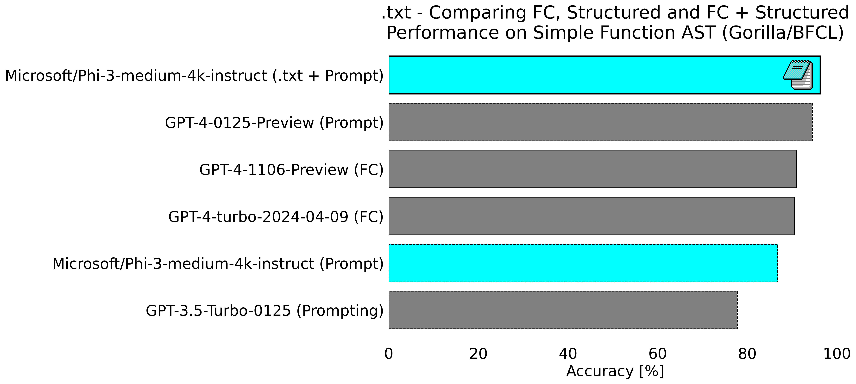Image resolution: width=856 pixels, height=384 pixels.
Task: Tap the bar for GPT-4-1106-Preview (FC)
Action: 592,169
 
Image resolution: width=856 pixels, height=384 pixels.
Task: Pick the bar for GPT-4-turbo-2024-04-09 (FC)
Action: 592,216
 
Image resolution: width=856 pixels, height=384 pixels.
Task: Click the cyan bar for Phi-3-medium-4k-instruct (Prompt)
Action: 583,263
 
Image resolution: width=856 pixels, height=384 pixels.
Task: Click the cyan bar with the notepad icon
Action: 585,75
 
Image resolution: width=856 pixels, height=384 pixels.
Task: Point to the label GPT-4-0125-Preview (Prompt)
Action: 274,123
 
